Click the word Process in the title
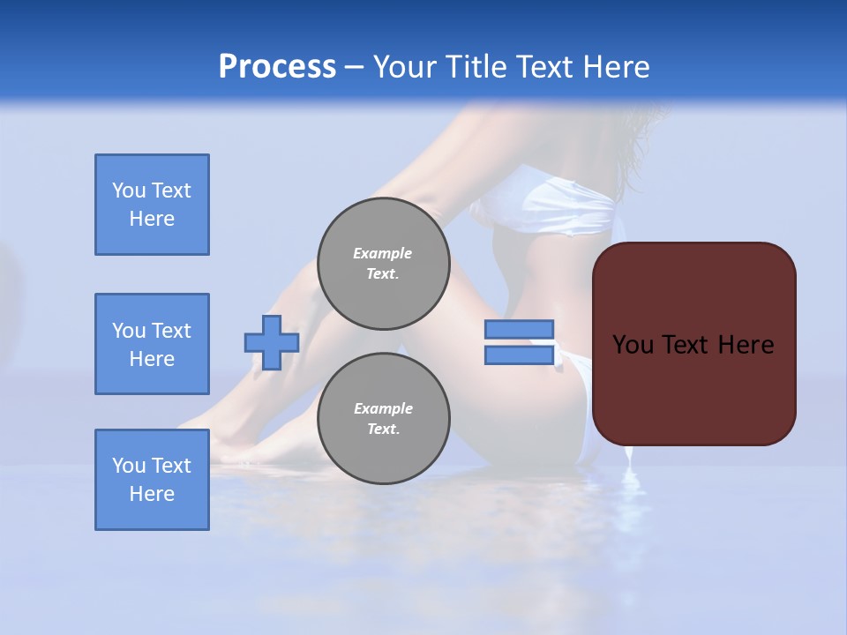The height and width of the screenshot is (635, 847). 277,67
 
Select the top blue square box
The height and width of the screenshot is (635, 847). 152,205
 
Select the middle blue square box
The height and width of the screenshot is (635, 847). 152,344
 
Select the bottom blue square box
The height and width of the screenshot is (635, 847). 152,480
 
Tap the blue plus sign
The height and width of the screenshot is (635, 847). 272,342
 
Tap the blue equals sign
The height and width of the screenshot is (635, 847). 519,342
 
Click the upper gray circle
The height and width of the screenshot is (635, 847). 384,264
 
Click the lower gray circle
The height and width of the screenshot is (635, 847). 384,419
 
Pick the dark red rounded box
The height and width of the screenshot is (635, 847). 693,344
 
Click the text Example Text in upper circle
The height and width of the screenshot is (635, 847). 383,264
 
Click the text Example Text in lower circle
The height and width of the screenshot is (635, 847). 383,419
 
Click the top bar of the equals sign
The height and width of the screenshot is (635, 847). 519,330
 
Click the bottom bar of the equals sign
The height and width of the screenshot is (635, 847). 519,355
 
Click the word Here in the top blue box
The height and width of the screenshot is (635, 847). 152,219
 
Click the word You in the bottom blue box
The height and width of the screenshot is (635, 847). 129,466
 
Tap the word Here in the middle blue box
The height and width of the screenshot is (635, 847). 152,359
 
